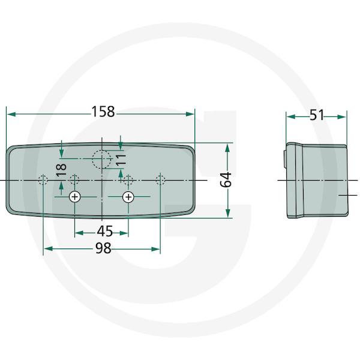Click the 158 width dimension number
tap(103, 112)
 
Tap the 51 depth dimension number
tap(317, 115)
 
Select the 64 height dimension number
tap(226, 180)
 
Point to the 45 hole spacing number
tap(104, 231)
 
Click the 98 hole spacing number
tap(103, 248)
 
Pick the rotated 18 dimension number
tap(61, 170)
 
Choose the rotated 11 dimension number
tap(121, 160)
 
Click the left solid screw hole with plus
tap(75, 197)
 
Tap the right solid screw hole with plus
tap(128, 197)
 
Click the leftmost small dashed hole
tap(43, 180)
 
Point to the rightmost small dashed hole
tap(160, 180)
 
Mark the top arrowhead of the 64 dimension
tap(227, 148)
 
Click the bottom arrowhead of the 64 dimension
tap(227, 213)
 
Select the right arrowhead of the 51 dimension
tap(341, 117)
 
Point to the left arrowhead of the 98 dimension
tap(49, 249)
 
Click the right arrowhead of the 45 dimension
tap(124, 233)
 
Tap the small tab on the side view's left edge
tap(285, 159)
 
